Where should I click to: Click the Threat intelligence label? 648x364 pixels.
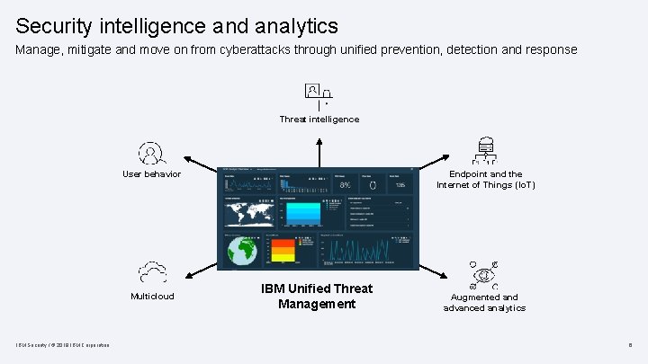pos(319,120)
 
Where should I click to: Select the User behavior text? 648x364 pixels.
pos(151,174)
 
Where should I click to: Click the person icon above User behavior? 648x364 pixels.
pos(151,152)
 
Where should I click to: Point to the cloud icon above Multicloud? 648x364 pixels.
pos(151,272)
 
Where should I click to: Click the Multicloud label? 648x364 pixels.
pos(152,297)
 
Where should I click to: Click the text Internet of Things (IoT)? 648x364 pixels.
pos(486,185)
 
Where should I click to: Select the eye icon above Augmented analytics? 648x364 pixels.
pos(485,274)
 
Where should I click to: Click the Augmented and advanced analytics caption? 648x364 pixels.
pos(484,303)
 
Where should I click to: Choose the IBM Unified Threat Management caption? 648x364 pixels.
pos(316,297)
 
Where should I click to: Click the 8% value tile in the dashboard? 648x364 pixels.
pos(345,184)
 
